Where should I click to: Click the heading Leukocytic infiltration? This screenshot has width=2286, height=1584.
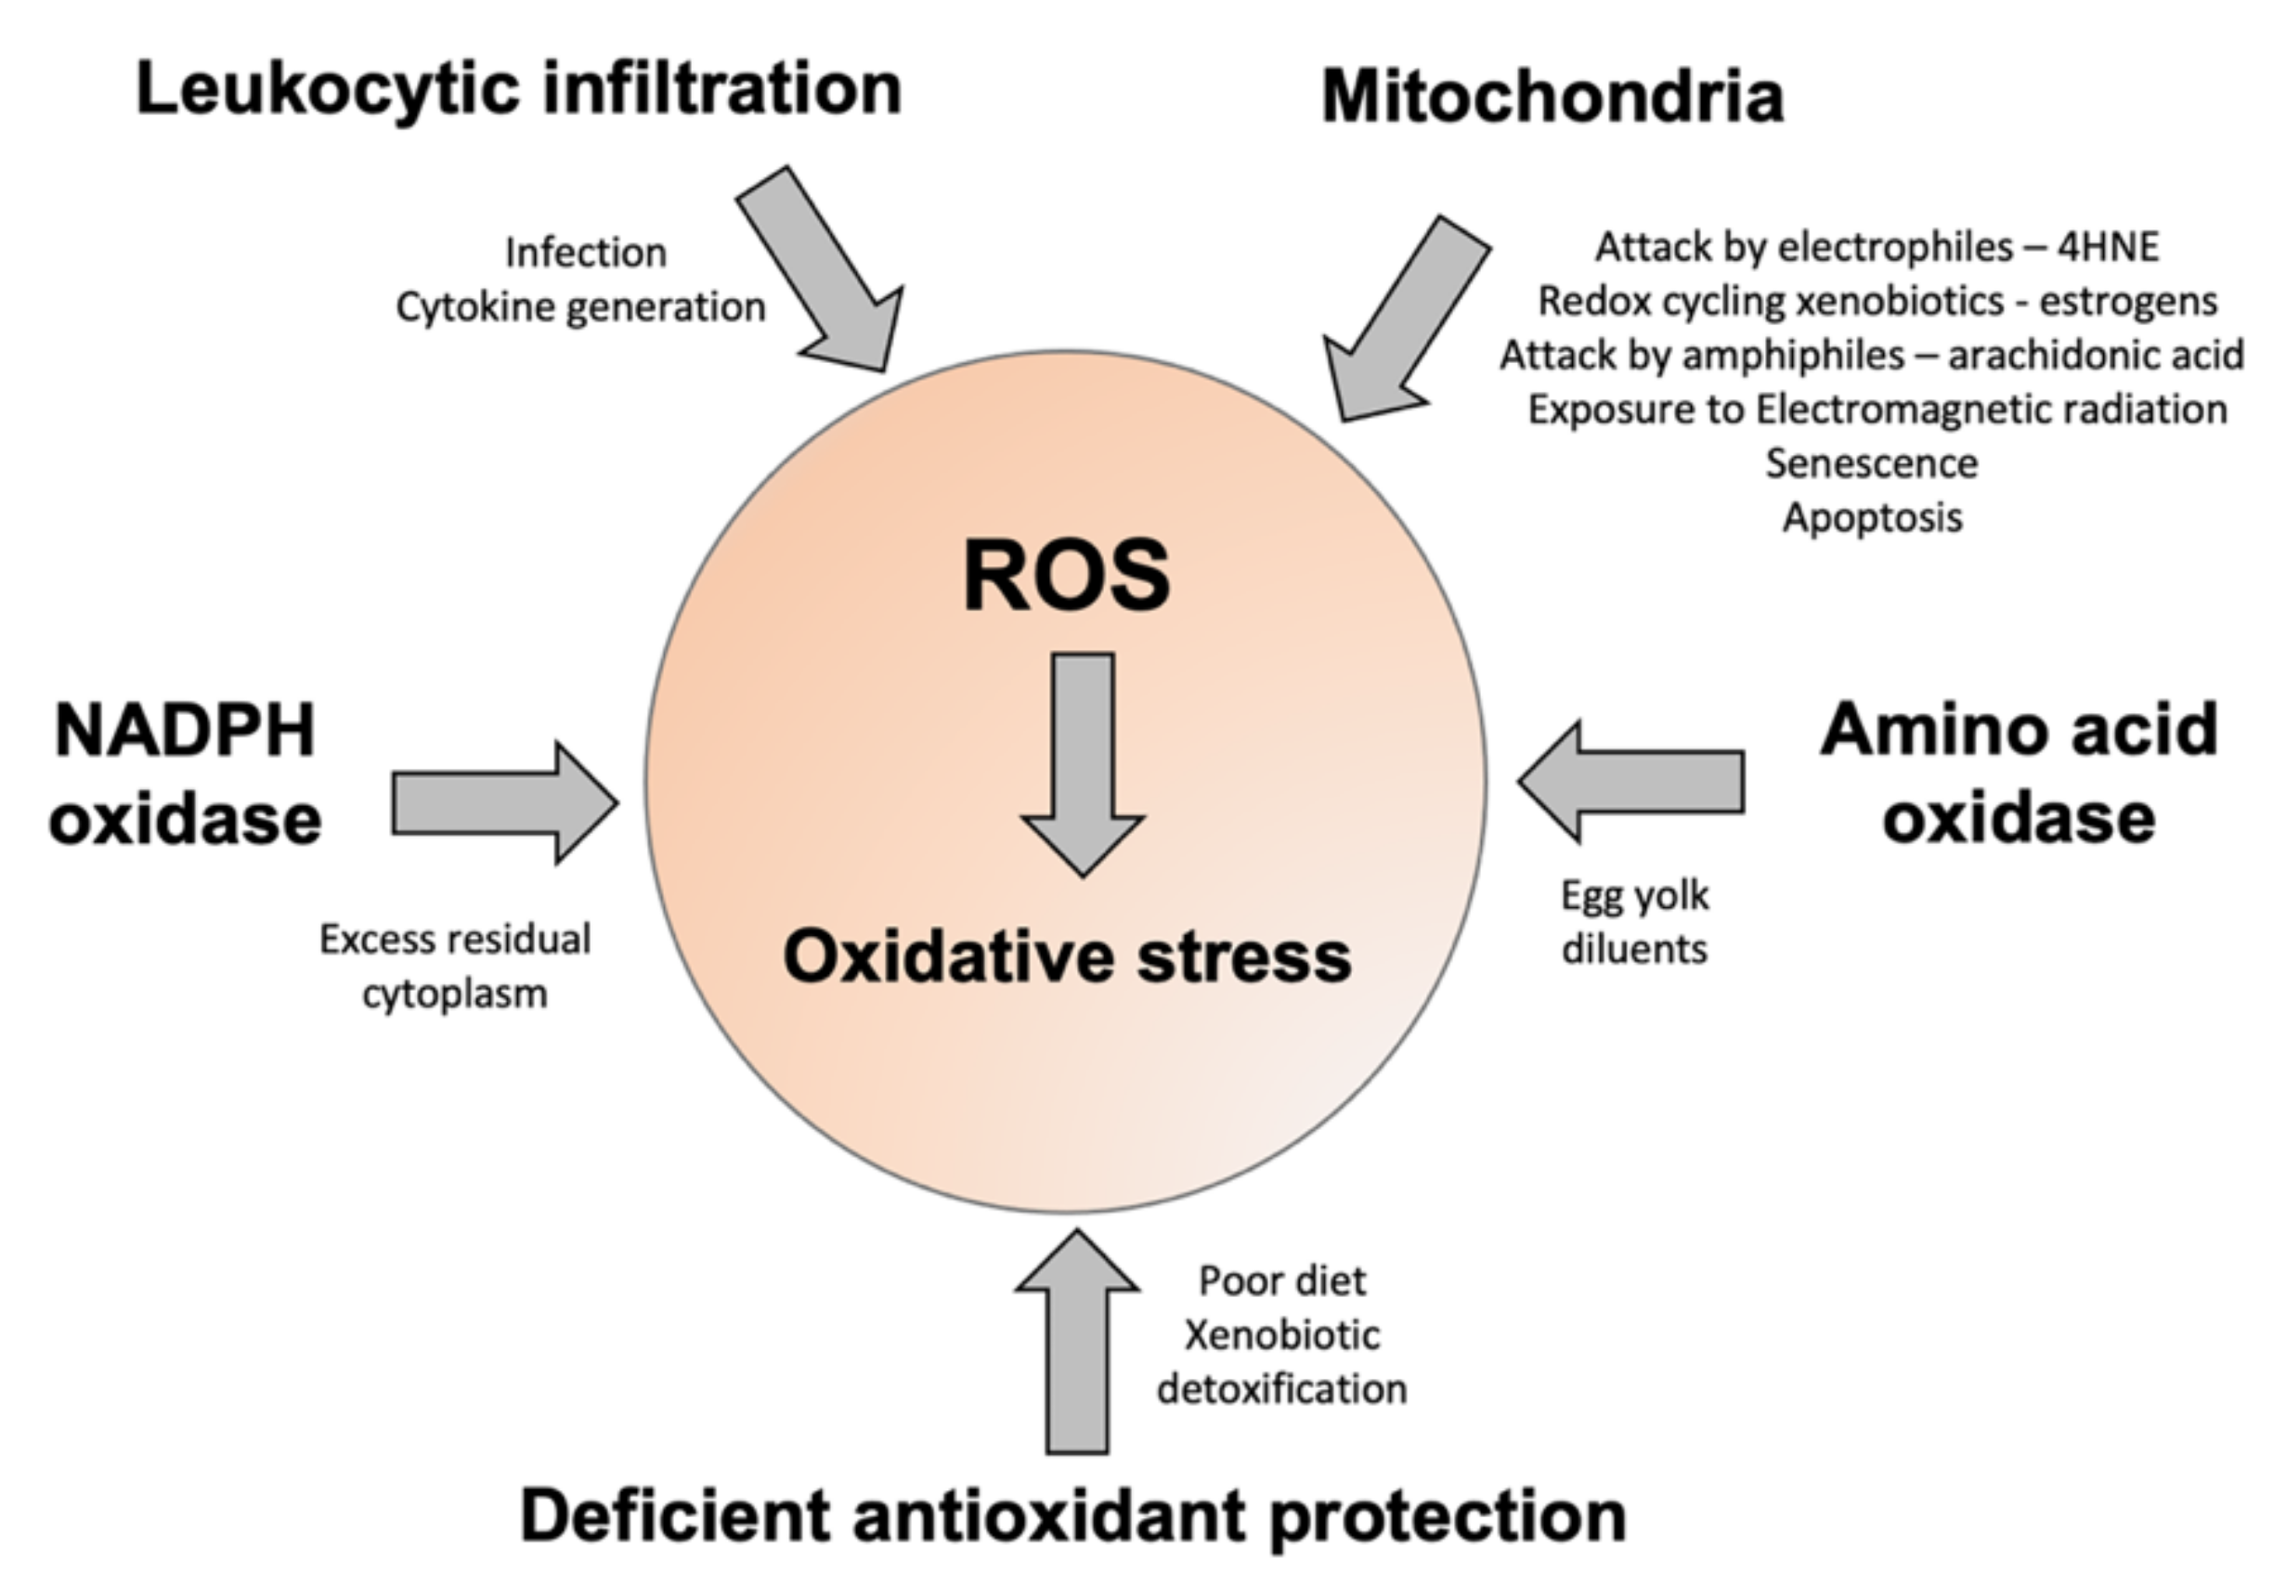click(518, 89)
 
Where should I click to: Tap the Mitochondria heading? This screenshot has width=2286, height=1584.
click(1552, 97)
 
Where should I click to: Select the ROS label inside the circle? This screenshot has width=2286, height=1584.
click(1066, 576)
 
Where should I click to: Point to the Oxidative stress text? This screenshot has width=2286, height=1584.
click(1066, 956)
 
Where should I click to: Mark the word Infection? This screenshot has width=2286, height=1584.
click(586, 253)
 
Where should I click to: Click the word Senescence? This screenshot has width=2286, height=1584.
click(1871, 463)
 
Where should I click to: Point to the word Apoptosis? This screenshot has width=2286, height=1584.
click(1872, 518)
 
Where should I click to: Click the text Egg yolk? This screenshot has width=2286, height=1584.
click(1635, 895)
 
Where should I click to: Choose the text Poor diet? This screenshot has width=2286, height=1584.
click(1281, 1281)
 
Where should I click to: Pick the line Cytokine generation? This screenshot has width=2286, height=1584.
click(580, 307)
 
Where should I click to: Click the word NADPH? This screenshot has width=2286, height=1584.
click(185, 732)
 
